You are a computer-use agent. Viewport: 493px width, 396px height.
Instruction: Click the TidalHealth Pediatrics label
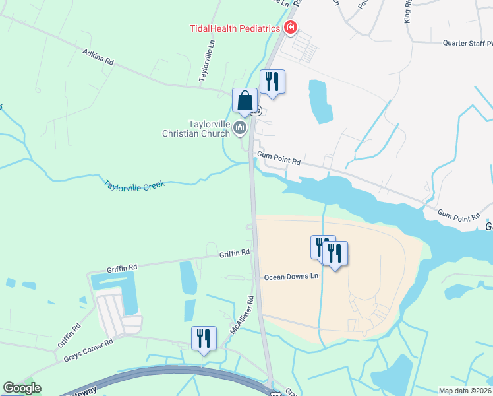click(234, 28)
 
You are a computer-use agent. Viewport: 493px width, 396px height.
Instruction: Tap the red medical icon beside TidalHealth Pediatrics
click(290, 28)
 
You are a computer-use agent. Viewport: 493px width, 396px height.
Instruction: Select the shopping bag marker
click(245, 102)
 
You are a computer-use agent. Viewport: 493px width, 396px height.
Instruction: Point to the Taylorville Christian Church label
click(196, 129)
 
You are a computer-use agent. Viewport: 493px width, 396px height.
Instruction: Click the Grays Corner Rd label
click(88, 349)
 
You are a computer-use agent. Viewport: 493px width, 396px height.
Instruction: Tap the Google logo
click(22, 388)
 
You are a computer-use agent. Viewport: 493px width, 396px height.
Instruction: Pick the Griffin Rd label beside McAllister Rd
click(235, 252)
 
